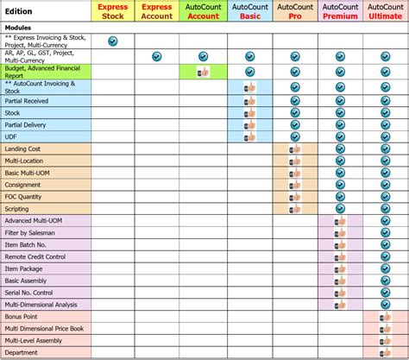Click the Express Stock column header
click(x=112, y=10)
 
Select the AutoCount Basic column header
click(x=249, y=10)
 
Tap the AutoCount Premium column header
click(x=340, y=10)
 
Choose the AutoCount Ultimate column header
click(x=385, y=10)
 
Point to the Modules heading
click(x=19, y=28)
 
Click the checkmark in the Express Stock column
click(x=112, y=41)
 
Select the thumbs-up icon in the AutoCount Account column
click(x=204, y=73)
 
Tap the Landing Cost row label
click(x=23, y=148)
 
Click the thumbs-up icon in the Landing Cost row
click(x=295, y=148)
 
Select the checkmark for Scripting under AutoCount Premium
click(x=340, y=208)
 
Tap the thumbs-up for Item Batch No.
click(x=340, y=244)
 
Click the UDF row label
click(x=11, y=136)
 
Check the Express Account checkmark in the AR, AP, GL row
click(x=157, y=57)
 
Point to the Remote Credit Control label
click(x=35, y=256)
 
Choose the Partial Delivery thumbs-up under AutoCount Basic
click(x=249, y=123)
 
